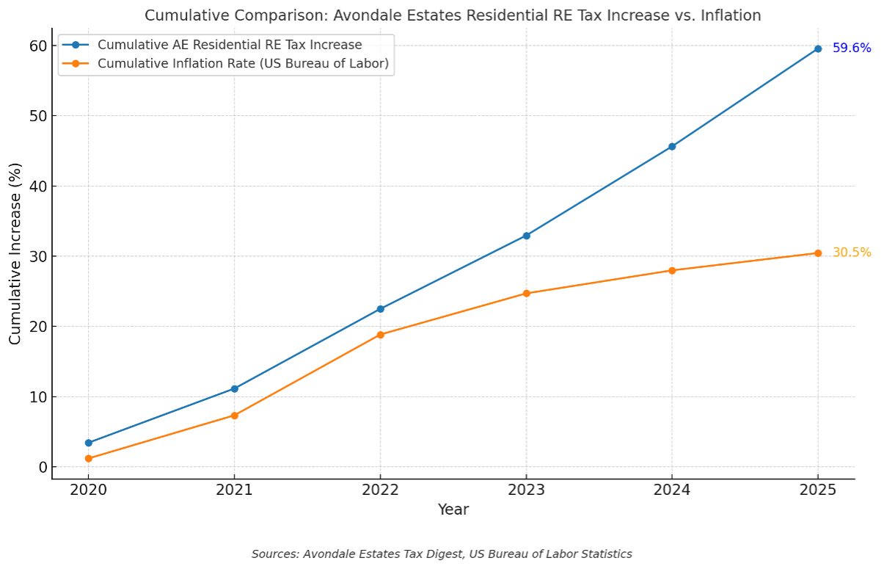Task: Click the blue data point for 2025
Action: point(817,48)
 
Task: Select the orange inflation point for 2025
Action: point(817,253)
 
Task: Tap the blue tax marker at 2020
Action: point(89,443)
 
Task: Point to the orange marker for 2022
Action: point(380,335)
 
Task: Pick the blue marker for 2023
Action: point(526,236)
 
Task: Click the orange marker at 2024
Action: point(672,270)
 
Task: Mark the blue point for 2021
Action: point(234,388)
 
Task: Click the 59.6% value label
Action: point(851,48)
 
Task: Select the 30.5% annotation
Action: point(851,253)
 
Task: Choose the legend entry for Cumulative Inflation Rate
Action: point(242,64)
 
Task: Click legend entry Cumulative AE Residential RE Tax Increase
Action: point(229,45)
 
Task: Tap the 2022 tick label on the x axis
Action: point(380,489)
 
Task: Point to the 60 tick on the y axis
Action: point(38,46)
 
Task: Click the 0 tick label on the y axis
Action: point(43,467)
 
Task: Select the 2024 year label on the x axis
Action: point(672,489)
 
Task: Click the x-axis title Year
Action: point(453,510)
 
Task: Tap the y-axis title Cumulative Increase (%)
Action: point(15,253)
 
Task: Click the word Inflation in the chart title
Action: point(730,15)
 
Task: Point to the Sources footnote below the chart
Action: point(442,554)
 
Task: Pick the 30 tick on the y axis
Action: point(38,256)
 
